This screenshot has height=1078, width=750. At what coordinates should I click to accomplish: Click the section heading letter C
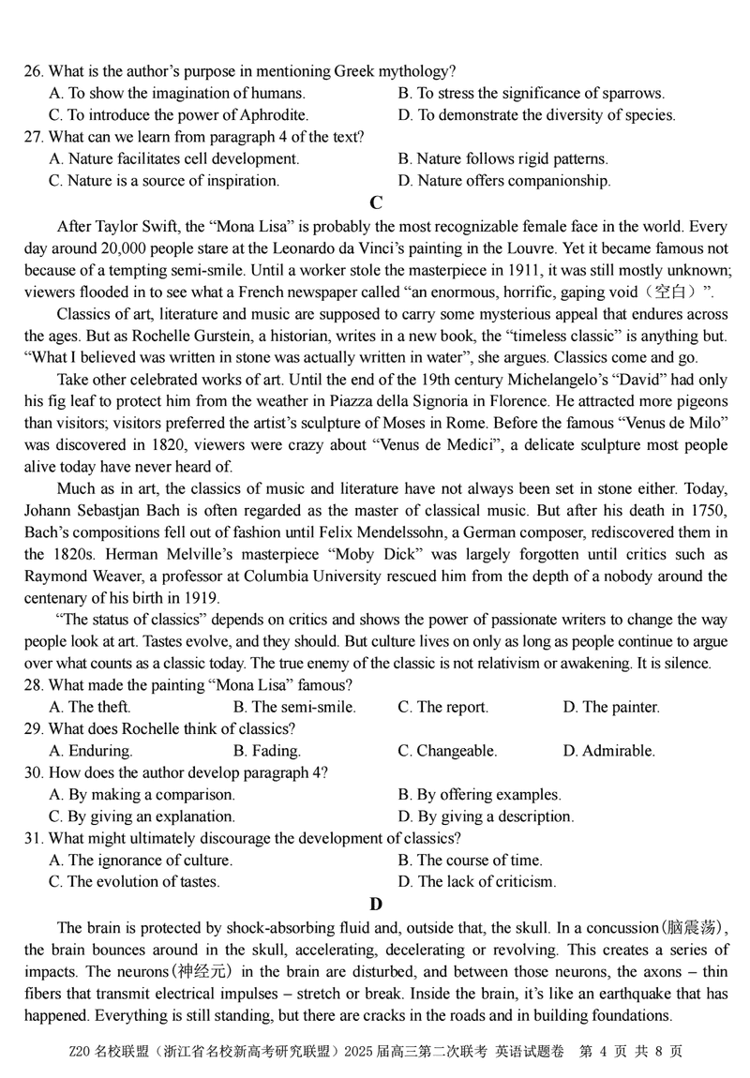coord(376,203)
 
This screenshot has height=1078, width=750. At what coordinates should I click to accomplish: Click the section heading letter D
coord(376,905)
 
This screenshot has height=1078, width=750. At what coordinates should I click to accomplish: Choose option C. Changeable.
coord(447,751)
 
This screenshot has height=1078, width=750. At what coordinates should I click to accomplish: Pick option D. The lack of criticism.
coord(477,882)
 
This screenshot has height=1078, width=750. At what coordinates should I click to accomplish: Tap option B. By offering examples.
coord(480,795)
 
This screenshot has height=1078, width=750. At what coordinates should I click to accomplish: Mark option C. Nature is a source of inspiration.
coord(164,181)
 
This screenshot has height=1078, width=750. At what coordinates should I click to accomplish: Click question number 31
coord(34,838)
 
